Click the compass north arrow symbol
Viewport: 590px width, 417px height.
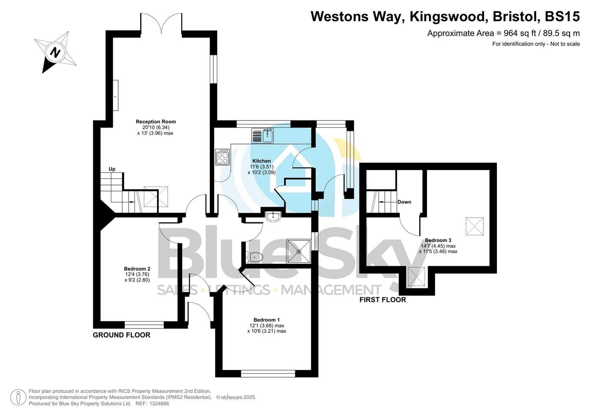pos(56,52)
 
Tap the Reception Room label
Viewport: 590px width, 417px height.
pos(156,122)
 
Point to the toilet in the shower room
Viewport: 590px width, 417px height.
pos(255,257)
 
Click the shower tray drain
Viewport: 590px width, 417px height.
pos(299,251)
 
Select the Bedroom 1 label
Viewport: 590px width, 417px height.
pos(267,320)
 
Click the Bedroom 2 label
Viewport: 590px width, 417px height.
pos(137,269)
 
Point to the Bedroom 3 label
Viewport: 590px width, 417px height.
pos(438,240)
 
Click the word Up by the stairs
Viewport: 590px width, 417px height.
pos(112,169)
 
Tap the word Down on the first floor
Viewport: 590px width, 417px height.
pos(404,202)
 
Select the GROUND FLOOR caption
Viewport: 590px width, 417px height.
pos(121,335)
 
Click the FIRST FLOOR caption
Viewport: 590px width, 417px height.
pos(383,300)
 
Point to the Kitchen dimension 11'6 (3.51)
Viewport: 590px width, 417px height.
pos(262,167)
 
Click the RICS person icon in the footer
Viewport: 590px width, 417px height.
pos(18,397)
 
